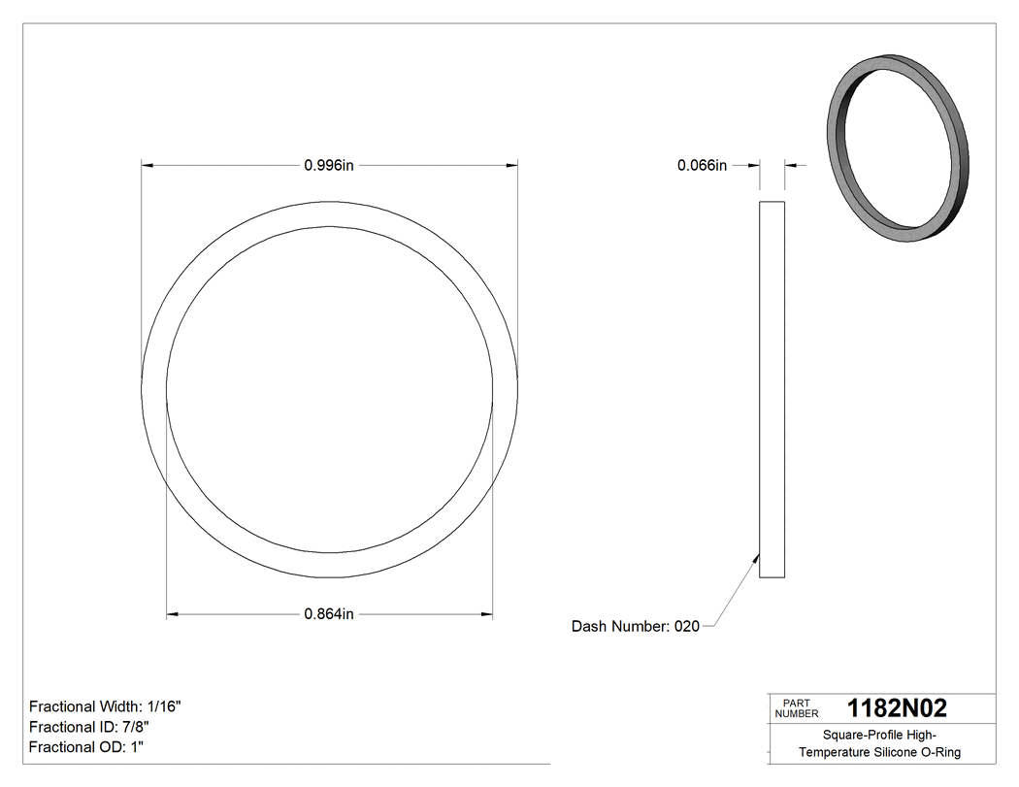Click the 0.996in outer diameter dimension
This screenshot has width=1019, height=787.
[329, 166]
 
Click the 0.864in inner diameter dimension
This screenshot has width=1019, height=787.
[329, 614]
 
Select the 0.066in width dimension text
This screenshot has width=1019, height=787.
[702, 166]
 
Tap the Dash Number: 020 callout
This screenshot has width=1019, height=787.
[635, 627]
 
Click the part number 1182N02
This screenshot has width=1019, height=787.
[897, 707]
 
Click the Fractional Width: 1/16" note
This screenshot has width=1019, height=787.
[105, 707]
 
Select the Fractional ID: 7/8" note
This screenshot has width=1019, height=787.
[89, 727]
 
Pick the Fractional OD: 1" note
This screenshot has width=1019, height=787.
[87, 747]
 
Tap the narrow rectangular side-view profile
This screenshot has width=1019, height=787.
[772, 388]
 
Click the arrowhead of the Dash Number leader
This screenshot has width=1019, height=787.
[756, 556]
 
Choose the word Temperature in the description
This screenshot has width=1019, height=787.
[833, 753]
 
